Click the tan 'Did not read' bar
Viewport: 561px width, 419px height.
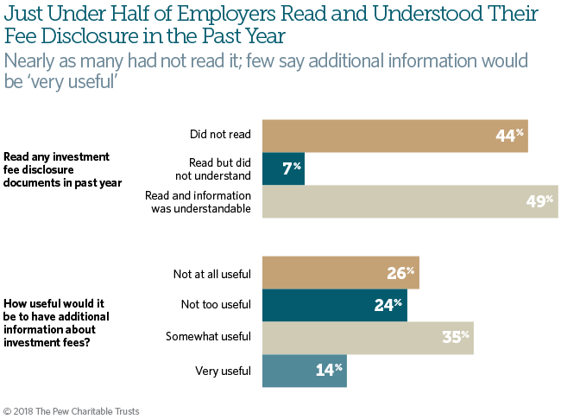pos(394,135)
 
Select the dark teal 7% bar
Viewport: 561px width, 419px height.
pos(283,168)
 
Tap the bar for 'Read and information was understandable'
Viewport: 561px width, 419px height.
pos(410,200)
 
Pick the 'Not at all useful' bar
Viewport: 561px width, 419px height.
pos(340,274)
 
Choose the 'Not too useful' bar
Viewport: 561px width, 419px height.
pos(334,305)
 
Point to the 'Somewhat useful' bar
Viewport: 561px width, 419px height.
pos(368,337)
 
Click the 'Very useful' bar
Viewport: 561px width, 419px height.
pos(304,371)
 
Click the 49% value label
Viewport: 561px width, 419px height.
pos(540,200)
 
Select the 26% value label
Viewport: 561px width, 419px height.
pos(400,274)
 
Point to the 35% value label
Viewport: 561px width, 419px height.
pos(456,337)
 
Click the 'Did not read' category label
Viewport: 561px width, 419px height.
pos(220,135)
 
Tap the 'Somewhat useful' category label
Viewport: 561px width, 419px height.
pos(208,337)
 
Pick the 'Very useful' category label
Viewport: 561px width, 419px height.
pos(224,371)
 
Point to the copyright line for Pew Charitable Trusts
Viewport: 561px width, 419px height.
pos(72,410)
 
